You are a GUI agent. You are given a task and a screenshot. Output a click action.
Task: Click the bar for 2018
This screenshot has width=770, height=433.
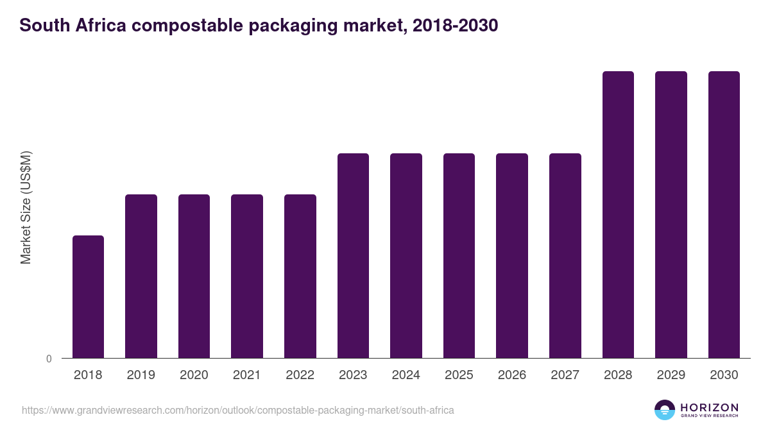point(88,296)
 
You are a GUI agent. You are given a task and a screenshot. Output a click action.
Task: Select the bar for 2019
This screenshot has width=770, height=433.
point(141,276)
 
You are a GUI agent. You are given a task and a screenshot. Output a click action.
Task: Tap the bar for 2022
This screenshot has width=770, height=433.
point(300,276)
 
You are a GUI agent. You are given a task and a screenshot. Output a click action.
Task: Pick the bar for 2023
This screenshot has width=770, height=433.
point(353,255)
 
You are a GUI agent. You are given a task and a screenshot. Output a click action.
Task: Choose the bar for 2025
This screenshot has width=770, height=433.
point(459,255)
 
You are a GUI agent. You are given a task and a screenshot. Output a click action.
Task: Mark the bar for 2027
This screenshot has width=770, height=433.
point(565,255)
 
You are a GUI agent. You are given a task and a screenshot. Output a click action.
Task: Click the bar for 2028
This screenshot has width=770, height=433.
point(618,214)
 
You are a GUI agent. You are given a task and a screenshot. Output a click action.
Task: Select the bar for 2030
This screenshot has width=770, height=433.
point(724,214)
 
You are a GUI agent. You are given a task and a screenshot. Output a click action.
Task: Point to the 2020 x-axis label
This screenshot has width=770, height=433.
point(194,375)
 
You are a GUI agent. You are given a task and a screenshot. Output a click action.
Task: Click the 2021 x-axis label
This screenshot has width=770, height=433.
point(247,375)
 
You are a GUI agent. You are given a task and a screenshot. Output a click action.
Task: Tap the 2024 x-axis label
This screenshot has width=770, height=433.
point(406,375)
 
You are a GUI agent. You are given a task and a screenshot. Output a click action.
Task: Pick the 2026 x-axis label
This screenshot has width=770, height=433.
point(512,375)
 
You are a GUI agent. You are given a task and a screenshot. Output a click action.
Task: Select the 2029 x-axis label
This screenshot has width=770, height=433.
point(671,375)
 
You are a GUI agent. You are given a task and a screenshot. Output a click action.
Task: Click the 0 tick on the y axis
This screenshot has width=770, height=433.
point(49,359)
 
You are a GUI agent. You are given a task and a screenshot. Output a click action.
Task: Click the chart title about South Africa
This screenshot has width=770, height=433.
point(259,26)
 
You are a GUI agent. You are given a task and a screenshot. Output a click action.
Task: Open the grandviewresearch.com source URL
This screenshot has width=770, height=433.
point(237,410)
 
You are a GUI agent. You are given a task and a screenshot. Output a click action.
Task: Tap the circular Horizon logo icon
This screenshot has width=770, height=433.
point(665,410)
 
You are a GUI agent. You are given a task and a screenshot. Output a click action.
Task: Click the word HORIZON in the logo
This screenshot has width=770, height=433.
point(709,407)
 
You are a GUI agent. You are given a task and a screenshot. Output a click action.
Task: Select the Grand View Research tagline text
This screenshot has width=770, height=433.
point(709,416)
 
